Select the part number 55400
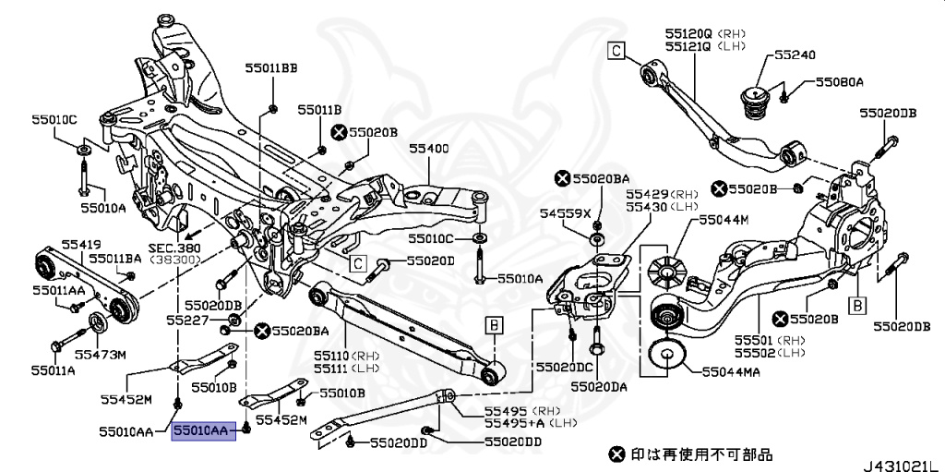tap(429, 148)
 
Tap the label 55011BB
tap(271, 68)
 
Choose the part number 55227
tap(187, 320)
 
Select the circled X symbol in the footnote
tap(616, 454)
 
